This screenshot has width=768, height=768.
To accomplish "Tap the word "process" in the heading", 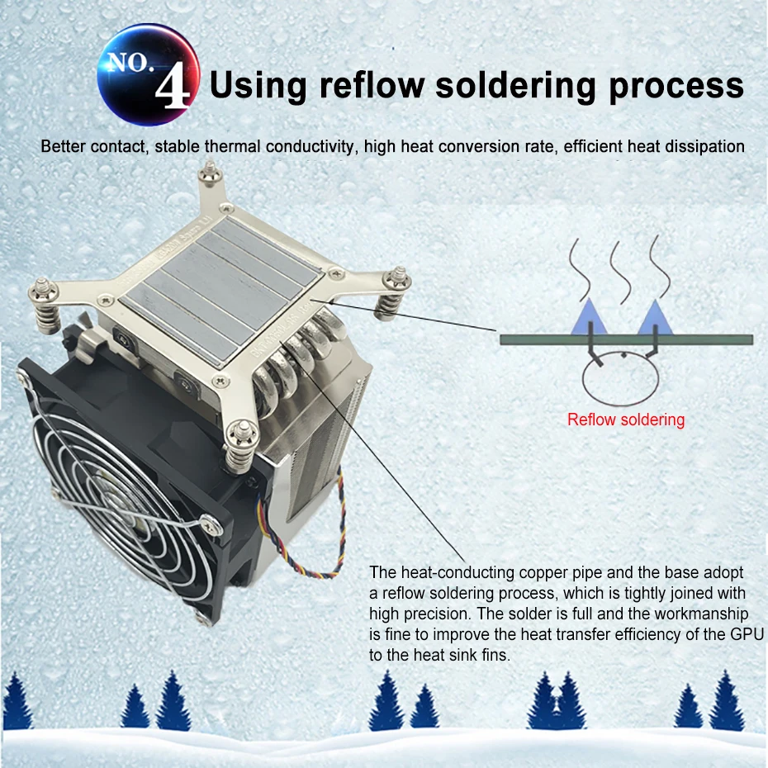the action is coord(676,86).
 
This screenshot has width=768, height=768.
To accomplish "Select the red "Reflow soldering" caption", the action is coord(626,420).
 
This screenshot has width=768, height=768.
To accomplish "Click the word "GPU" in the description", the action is coord(745,634).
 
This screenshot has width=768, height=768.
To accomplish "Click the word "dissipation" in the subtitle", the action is coord(704,147).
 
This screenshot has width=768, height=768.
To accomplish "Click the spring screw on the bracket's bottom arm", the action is coord(238,443).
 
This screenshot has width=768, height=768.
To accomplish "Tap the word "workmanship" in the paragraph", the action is coord(704,614).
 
